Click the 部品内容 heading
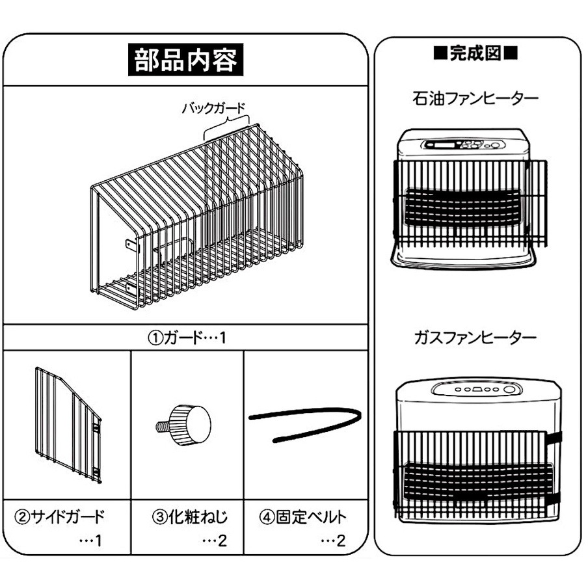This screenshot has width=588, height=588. (186, 61)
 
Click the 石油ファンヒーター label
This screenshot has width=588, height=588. (475, 100)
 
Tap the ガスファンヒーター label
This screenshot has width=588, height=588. (475, 338)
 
